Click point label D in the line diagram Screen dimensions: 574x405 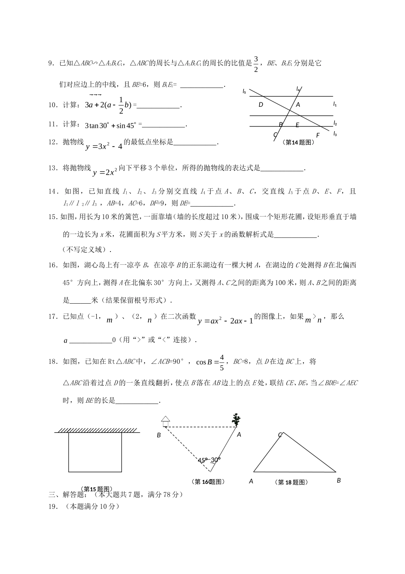coord(261,105)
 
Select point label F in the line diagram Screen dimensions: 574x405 coord(318,135)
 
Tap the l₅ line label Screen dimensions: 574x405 coord(244,91)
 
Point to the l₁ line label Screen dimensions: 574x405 coord(335,104)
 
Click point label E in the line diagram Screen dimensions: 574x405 coord(297,125)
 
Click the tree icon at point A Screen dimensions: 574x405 coord(235,419)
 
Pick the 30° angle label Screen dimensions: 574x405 coord(215,460)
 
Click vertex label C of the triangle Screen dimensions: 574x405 coord(280,435)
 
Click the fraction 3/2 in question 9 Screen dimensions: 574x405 coord(256,64)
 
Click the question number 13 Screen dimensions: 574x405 coord(52,168)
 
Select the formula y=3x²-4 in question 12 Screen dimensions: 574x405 coord(104,146)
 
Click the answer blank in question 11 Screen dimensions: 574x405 coord(164,125)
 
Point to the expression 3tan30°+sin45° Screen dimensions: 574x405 coord(111,126)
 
